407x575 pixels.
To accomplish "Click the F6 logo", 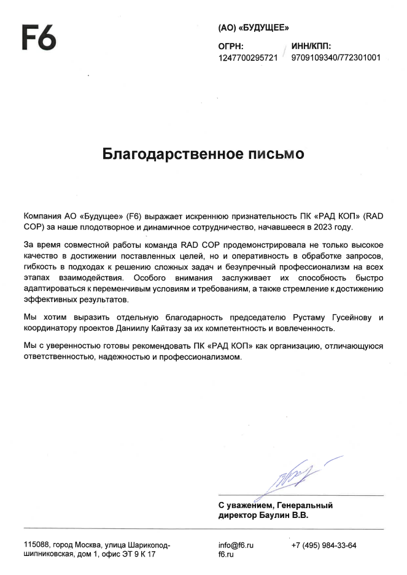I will [39, 38].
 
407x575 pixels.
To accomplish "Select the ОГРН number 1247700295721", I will [248, 58].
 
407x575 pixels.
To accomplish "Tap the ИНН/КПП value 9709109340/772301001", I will [336, 58].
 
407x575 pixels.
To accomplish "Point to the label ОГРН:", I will [231, 47].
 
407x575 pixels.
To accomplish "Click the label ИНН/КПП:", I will [312, 47].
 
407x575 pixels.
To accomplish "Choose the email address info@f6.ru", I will [236, 545].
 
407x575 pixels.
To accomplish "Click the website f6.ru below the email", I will [226, 554].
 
